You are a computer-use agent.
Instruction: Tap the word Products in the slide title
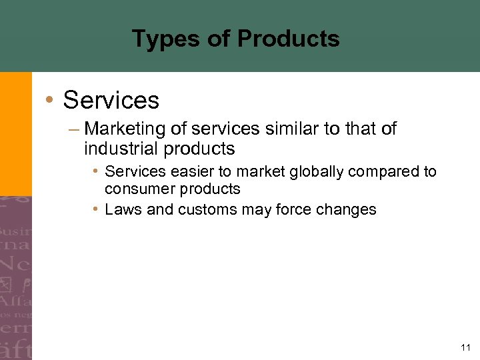click(288, 39)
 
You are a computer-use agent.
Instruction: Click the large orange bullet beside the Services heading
click(49, 100)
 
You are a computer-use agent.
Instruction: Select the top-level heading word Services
click(111, 100)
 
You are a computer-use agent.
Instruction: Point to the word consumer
click(135, 189)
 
